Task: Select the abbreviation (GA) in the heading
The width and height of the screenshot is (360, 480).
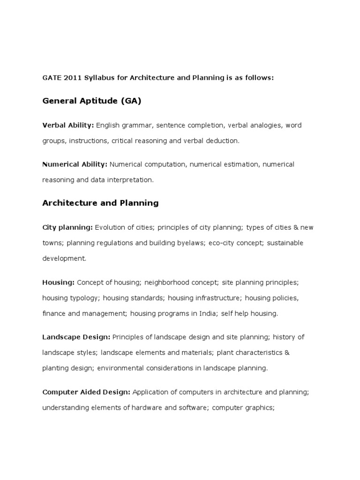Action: click(131, 101)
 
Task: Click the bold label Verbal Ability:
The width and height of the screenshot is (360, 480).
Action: click(68, 126)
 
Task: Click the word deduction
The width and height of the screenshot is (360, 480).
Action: click(223, 141)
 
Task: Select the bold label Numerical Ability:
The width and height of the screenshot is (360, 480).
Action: click(75, 165)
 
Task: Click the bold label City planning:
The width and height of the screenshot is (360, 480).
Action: click(67, 227)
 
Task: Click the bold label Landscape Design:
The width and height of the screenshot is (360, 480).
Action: click(76, 337)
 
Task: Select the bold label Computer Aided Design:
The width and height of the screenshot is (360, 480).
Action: click(87, 392)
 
